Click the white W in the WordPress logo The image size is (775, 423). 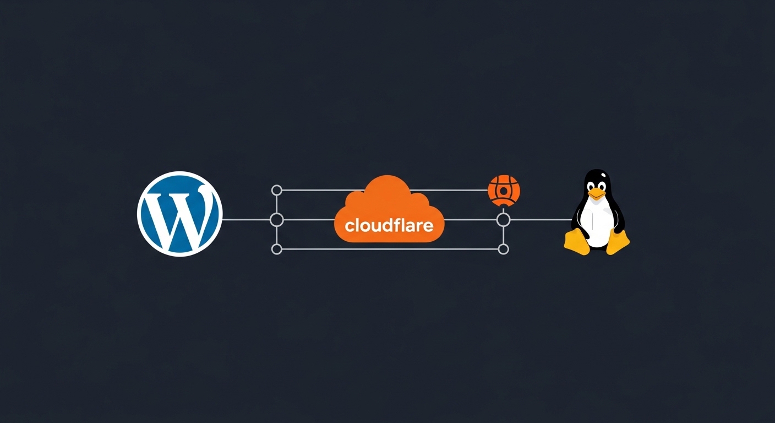(x=180, y=214)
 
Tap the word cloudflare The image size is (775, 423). (x=389, y=225)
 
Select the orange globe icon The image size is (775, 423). (x=504, y=191)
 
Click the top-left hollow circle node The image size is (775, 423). (x=277, y=191)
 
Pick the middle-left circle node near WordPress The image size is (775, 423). (x=277, y=220)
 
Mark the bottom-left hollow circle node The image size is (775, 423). (x=277, y=250)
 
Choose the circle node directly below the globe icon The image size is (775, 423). (x=503, y=220)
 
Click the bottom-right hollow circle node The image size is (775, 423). (x=503, y=250)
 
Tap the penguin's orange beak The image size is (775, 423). (x=596, y=193)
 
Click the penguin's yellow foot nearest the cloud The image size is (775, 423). (x=576, y=242)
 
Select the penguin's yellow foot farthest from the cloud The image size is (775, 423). (x=618, y=242)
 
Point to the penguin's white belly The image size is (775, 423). (x=598, y=223)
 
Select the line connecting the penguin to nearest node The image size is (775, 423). (x=539, y=220)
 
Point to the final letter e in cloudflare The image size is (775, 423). (x=428, y=226)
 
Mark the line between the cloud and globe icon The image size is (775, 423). (x=451, y=191)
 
